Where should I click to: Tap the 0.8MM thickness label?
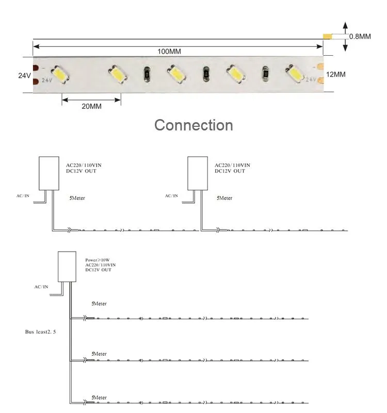pos(360,37)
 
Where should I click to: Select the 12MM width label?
pos(336,75)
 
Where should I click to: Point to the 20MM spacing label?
pos(91,106)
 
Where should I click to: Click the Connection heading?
pos(193,125)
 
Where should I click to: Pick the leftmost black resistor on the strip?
pos(146,75)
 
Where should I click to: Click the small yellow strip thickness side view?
pos(327,37)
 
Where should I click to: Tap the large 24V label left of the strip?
pos(24,75)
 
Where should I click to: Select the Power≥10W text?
pos(96,260)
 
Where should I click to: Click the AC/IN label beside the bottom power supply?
pos(41,287)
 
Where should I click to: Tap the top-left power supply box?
pos(49,173)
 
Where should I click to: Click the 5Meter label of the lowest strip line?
pos(99,398)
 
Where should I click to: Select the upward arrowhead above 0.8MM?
pos(346,26)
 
